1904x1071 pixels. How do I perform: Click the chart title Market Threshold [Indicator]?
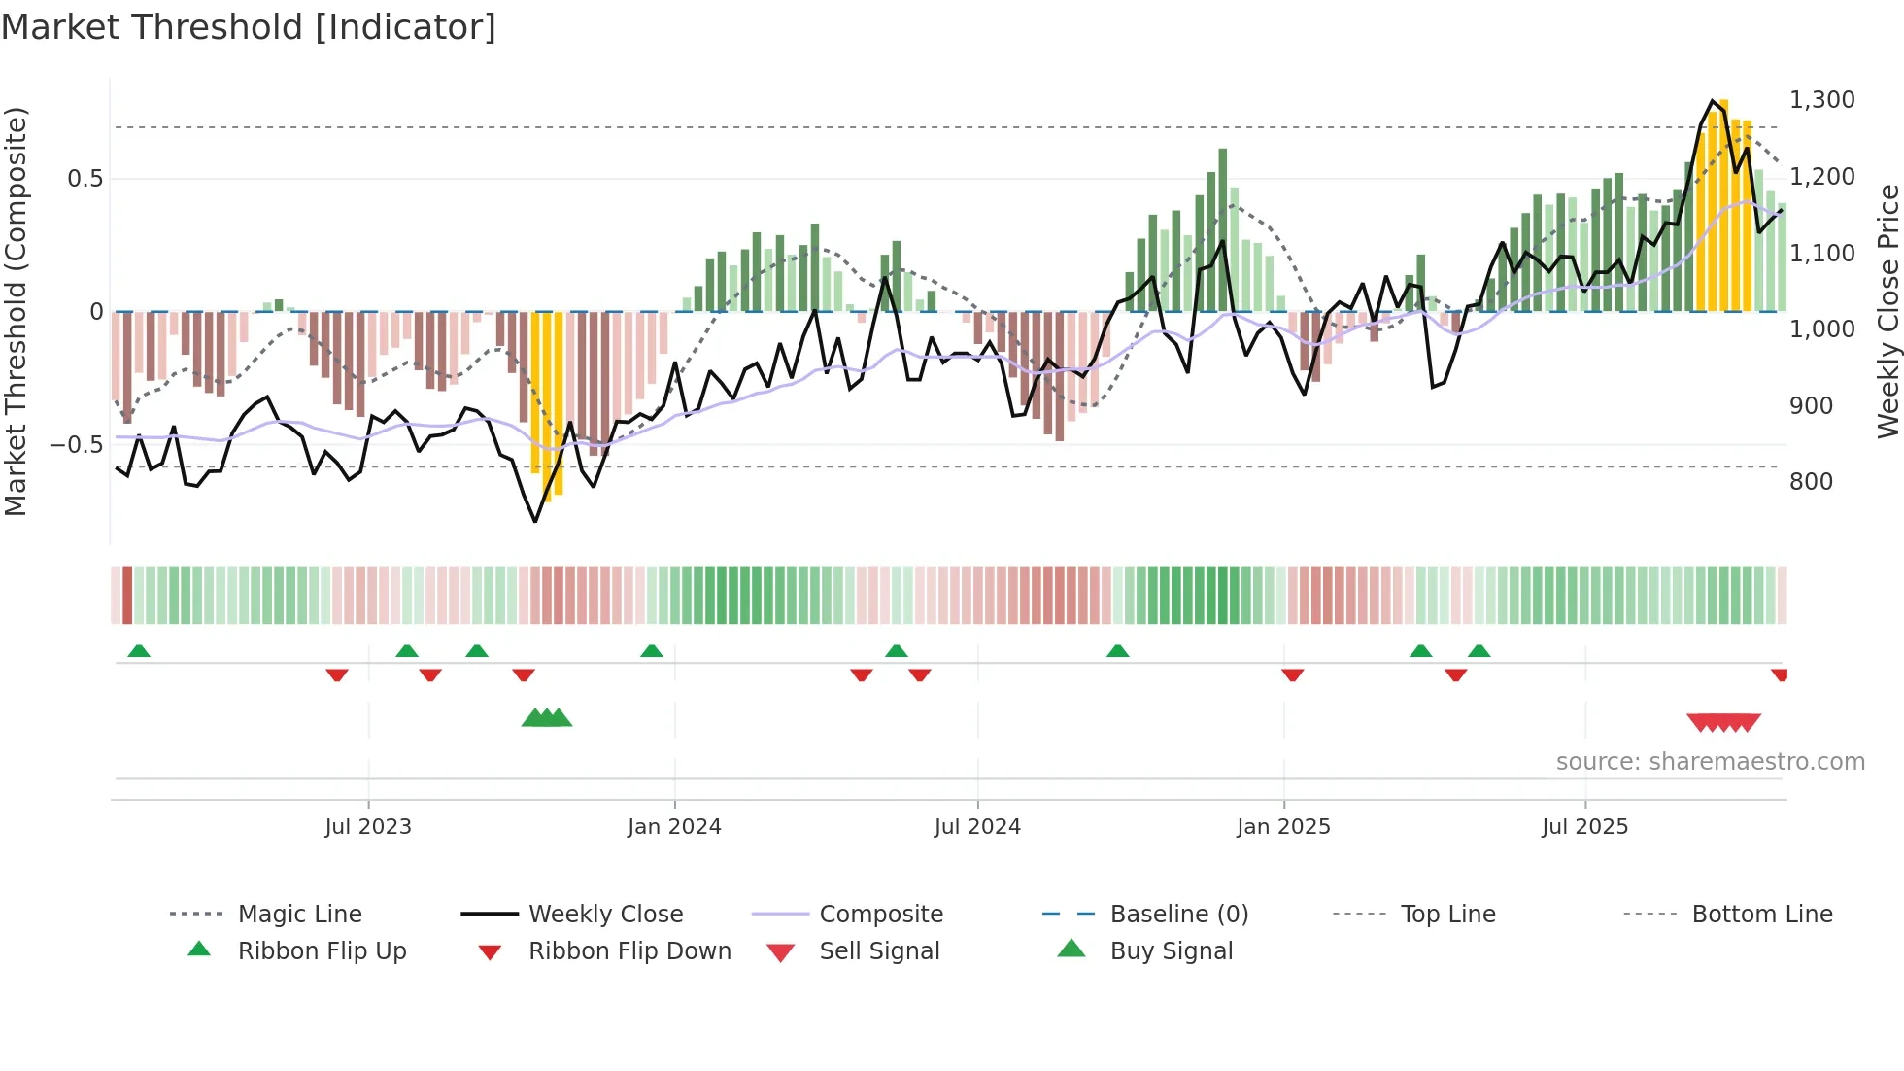249,27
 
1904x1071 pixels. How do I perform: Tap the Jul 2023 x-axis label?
368,827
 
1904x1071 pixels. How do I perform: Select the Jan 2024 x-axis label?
674,827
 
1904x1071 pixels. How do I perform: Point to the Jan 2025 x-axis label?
1283,827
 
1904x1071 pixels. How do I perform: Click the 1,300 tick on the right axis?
1822,100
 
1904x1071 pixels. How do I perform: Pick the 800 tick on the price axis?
1811,482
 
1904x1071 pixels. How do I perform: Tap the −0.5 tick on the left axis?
77,445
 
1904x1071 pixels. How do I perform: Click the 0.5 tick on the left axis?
85,179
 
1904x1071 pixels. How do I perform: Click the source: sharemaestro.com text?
1710,762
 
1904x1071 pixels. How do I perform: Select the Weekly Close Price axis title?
1887,311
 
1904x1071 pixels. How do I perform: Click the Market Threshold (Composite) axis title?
16,311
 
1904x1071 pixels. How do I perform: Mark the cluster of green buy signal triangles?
547,718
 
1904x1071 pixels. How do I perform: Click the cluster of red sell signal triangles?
1723,723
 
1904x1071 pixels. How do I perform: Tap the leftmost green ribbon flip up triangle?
139,651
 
